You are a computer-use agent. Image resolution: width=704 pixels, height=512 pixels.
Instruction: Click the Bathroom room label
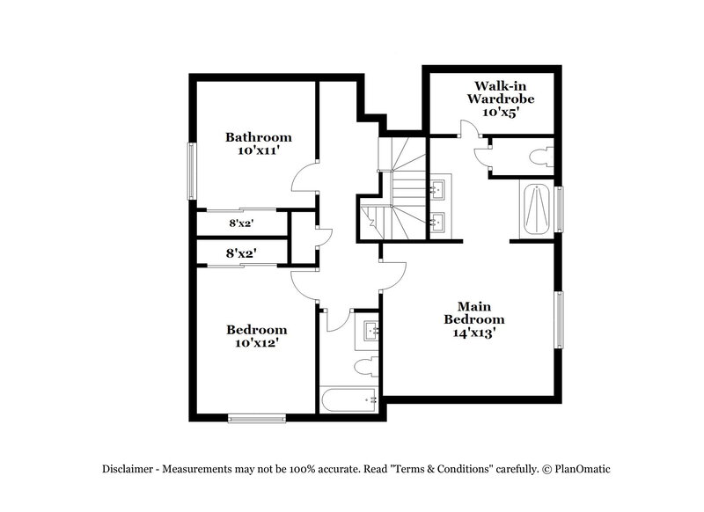click(258, 137)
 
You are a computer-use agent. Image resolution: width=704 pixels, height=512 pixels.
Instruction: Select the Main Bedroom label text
click(473, 312)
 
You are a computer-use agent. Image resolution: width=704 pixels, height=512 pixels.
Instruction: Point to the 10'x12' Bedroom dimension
click(257, 342)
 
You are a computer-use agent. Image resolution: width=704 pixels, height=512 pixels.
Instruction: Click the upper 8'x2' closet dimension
click(242, 223)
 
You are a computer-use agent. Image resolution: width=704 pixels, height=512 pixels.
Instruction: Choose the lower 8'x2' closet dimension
click(242, 253)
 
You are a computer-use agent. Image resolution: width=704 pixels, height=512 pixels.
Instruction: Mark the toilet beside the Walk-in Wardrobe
click(539, 157)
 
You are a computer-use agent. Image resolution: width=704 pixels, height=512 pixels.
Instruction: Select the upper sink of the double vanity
click(437, 189)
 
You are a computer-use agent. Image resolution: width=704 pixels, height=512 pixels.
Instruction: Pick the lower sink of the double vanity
click(437, 222)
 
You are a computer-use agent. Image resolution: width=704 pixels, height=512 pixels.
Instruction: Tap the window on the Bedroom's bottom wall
click(256, 418)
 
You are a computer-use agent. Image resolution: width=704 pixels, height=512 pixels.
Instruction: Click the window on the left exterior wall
click(190, 171)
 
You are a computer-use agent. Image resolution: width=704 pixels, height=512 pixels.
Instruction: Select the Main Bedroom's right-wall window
click(558, 318)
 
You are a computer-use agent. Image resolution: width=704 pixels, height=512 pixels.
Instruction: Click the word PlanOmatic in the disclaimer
click(577, 469)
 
